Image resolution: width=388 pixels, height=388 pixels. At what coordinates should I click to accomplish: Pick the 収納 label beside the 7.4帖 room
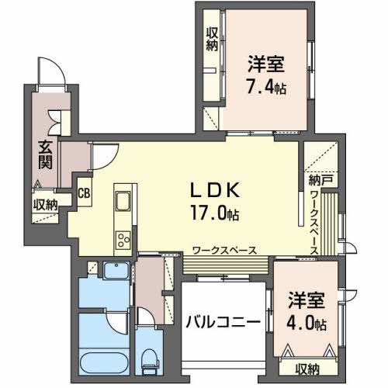click(x=212, y=39)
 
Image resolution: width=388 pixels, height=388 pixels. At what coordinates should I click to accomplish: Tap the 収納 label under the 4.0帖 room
click(x=307, y=368)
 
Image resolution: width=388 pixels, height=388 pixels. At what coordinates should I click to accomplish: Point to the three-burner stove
click(x=123, y=239)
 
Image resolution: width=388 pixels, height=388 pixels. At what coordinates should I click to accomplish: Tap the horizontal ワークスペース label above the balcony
click(x=224, y=250)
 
